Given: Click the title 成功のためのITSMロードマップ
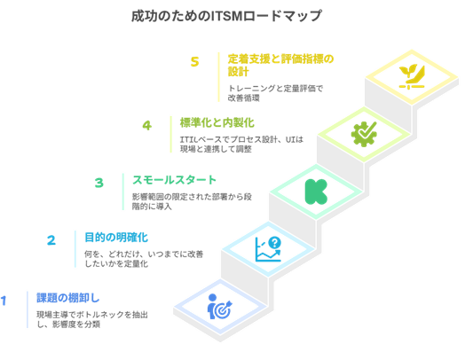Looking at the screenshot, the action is click(x=226, y=16).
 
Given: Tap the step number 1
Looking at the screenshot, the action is click(x=4, y=301).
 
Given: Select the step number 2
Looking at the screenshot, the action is click(x=51, y=240).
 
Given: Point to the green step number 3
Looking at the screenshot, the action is click(x=99, y=183).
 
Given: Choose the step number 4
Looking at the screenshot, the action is click(x=147, y=125).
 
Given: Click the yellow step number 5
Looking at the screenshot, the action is click(x=194, y=62).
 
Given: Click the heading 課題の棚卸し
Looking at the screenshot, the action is click(x=68, y=298).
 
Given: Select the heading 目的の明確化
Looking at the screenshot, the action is click(x=116, y=238).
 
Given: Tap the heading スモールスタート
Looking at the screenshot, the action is click(x=174, y=180).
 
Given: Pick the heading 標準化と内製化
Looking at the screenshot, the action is click(x=217, y=122).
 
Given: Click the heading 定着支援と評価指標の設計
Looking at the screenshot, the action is click(x=280, y=66).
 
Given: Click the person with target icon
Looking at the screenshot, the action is click(x=220, y=307).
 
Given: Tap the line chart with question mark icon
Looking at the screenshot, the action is click(x=268, y=249).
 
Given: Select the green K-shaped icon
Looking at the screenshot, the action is click(x=316, y=192).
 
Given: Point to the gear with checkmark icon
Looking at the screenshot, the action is click(x=364, y=134).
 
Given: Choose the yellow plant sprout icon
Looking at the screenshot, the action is click(x=412, y=77).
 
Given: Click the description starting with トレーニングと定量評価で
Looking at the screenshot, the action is click(x=275, y=93).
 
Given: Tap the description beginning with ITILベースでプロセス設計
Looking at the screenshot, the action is click(x=241, y=144).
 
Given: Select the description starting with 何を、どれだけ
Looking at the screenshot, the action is click(x=144, y=259).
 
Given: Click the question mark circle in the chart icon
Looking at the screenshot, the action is click(x=274, y=243).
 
